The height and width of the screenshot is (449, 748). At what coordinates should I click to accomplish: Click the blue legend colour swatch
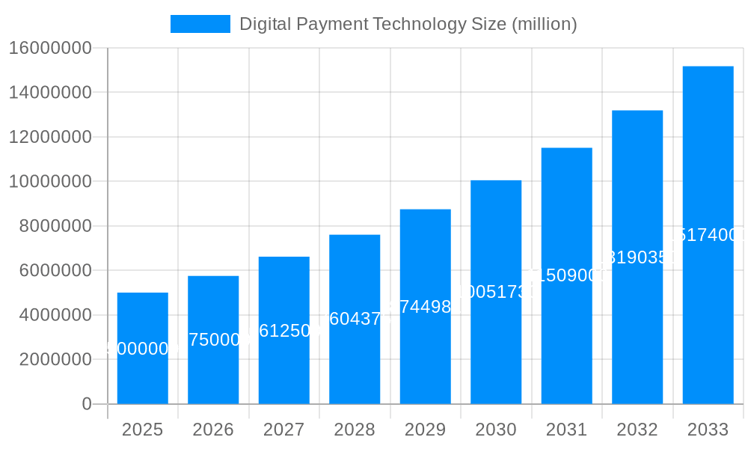click(x=200, y=24)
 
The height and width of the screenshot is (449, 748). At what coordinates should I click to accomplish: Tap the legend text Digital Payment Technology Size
click(x=408, y=24)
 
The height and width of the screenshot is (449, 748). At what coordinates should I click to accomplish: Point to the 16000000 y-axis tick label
click(x=50, y=49)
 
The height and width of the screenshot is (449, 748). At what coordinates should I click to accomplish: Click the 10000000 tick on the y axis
click(x=50, y=182)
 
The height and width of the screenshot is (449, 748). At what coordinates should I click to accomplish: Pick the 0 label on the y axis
click(x=86, y=404)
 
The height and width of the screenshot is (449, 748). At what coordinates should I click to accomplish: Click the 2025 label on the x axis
click(x=142, y=430)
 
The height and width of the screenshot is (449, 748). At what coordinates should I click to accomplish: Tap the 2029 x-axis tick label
click(x=425, y=430)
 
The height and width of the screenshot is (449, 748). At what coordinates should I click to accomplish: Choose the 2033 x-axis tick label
click(x=708, y=430)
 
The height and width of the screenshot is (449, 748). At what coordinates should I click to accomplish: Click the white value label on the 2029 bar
click(x=425, y=307)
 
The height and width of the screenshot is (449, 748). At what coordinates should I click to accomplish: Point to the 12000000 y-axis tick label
click(x=50, y=138)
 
